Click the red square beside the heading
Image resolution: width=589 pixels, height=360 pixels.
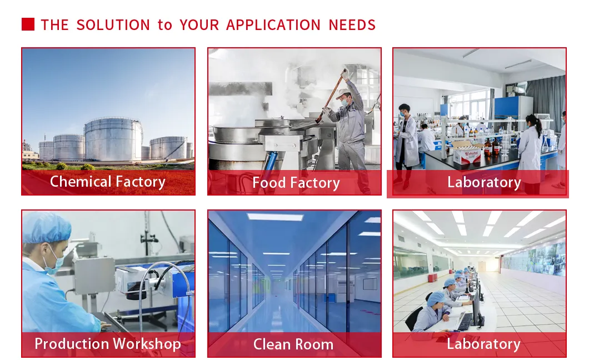click(x=28, y=24)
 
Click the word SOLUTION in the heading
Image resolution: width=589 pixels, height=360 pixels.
click(x=113, y=25)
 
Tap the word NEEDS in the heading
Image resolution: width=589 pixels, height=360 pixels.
click(x=352, y=25)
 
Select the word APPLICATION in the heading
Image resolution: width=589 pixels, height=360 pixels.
click(x=273, y=25)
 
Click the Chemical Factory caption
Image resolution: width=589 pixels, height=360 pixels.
click(x=108, y=182)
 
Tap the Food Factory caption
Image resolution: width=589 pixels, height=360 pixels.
click(x=296, y=183)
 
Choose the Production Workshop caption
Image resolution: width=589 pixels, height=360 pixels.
click(x=108, y=344)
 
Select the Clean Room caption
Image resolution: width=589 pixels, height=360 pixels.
click(x=293, y=344)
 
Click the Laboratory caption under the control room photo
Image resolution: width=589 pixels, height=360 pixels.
click(x=483, y=344)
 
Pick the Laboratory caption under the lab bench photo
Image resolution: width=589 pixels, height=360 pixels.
click(x=484, y=182)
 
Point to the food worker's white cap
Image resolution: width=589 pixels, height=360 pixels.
click(x=343, y=93)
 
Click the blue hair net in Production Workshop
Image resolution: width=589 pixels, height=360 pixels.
click(x=47, y=227)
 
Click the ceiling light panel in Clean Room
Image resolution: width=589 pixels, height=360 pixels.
click(x=276, y=217)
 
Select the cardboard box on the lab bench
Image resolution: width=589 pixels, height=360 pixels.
click(x=467, y=152)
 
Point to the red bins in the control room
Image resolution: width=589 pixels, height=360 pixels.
click(x=433, y=278)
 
